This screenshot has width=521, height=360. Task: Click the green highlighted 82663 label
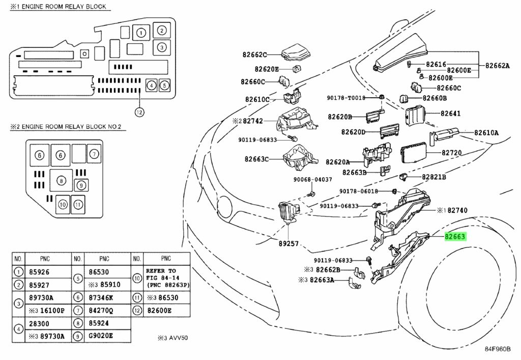[x=455, y=237]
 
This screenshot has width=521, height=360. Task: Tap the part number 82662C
[x=254, y=54]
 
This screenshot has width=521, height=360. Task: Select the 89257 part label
[x=288, y=244]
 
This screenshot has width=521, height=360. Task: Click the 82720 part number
[x=452, y=153]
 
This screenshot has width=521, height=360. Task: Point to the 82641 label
[x=451, y=114]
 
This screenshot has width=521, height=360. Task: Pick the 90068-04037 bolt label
[x=313, y=180]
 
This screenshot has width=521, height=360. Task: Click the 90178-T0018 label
[x=346, y=98]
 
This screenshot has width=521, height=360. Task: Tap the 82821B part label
[x=434, y=177]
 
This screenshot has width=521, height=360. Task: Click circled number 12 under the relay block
[x=139, y=113]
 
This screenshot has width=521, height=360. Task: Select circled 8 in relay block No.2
[x=61, y=181]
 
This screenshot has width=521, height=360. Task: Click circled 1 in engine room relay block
[x=141, y=33]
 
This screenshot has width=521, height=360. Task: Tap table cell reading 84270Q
[x=101, y=311]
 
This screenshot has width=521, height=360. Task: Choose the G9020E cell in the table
[x=101, y=336]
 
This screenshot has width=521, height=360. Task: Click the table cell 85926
[x=39, y=272]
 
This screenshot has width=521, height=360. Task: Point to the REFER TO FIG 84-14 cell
[x=167, y=278]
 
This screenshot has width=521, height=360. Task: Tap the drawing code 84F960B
[x=498, y=349]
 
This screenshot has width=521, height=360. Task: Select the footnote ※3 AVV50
[x=172, y=338]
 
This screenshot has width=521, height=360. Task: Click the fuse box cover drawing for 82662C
[x=296, y=53]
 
